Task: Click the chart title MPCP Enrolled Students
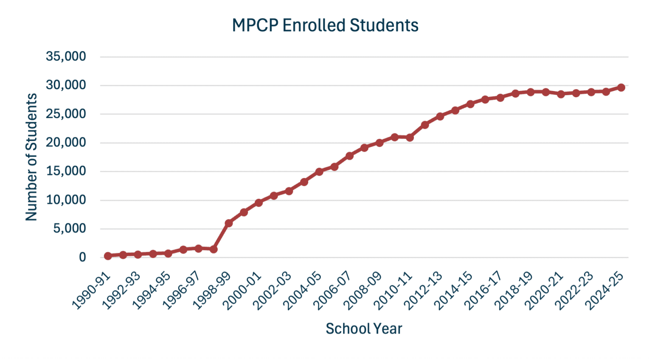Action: [325, 25]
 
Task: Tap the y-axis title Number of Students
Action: [31, 157]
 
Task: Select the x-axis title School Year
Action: [364, 329]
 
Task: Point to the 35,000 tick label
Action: [66, 56]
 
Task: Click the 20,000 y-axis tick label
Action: [66, 143]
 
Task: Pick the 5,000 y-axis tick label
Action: [69, 229]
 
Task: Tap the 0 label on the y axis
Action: [82, 257]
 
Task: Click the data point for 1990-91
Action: [108, 256]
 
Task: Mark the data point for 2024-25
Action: [621, 87]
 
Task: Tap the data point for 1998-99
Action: [229, 223]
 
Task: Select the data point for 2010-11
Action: [410, 138]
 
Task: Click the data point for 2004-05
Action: [319, 172]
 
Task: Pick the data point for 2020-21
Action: [561, 94]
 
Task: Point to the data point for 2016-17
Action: [500, 98]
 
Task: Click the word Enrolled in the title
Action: [314, 25]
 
